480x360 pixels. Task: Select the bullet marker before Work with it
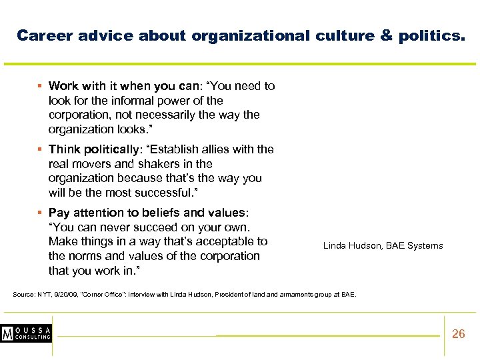point(41,86)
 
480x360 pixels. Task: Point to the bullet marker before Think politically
point(41,149)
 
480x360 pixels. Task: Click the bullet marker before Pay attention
point(41,213)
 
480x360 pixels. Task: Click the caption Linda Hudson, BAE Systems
point(383,246)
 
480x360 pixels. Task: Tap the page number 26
point(459,334)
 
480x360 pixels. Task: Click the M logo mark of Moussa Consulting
point(9,333)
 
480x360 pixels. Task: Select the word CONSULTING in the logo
point(34,338)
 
